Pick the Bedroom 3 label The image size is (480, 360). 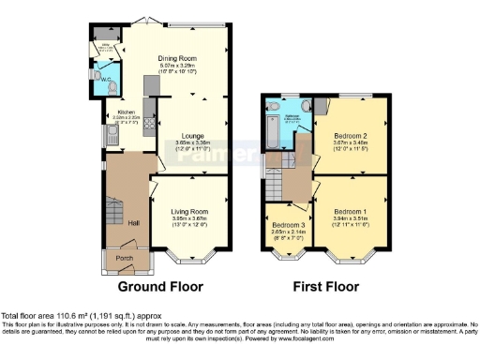pos(289,226)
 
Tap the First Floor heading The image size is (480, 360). pos(324,286)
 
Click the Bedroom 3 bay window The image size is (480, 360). pos(288,254)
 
